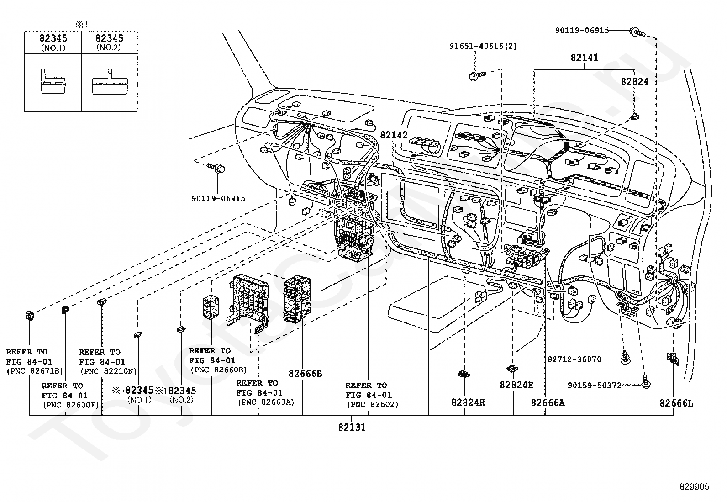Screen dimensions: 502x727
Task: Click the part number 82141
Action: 584,58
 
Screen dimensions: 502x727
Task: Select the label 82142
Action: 393,135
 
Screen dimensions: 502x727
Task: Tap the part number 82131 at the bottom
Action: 352,428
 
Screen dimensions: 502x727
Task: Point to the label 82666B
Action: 305,374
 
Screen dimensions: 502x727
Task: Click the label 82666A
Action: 548,403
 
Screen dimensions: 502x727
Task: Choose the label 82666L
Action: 676,403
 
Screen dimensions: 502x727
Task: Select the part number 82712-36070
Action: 574,359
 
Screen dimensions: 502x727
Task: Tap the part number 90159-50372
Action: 594,386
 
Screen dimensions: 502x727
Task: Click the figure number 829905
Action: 694,487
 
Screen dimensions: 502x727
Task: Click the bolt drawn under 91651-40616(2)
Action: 477,74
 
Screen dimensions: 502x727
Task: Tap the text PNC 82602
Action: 372,404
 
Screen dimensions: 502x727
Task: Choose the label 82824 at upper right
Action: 634,82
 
